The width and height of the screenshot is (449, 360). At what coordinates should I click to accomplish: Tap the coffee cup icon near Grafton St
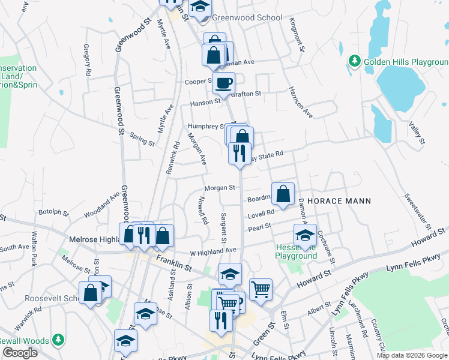click(224, 84)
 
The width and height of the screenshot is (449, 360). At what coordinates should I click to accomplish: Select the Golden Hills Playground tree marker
click(354, 61)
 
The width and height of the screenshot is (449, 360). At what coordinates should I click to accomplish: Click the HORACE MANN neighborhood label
click(339, 201)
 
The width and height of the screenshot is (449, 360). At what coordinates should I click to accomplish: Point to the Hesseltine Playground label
click(296, 251)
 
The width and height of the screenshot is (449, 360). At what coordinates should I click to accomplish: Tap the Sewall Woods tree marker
click(58, 340)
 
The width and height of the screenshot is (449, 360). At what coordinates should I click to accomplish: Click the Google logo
click(19, 353)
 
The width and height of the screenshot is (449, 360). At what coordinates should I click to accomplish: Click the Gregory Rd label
click(88, 59)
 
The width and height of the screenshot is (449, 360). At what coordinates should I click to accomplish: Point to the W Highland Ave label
click(213, 250)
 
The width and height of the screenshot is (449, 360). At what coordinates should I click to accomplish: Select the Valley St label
click(417, 133)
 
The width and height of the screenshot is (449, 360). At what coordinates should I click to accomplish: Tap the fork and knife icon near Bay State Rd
click(240, 154)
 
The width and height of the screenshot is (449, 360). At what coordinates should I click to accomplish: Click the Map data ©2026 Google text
click(412, 355)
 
